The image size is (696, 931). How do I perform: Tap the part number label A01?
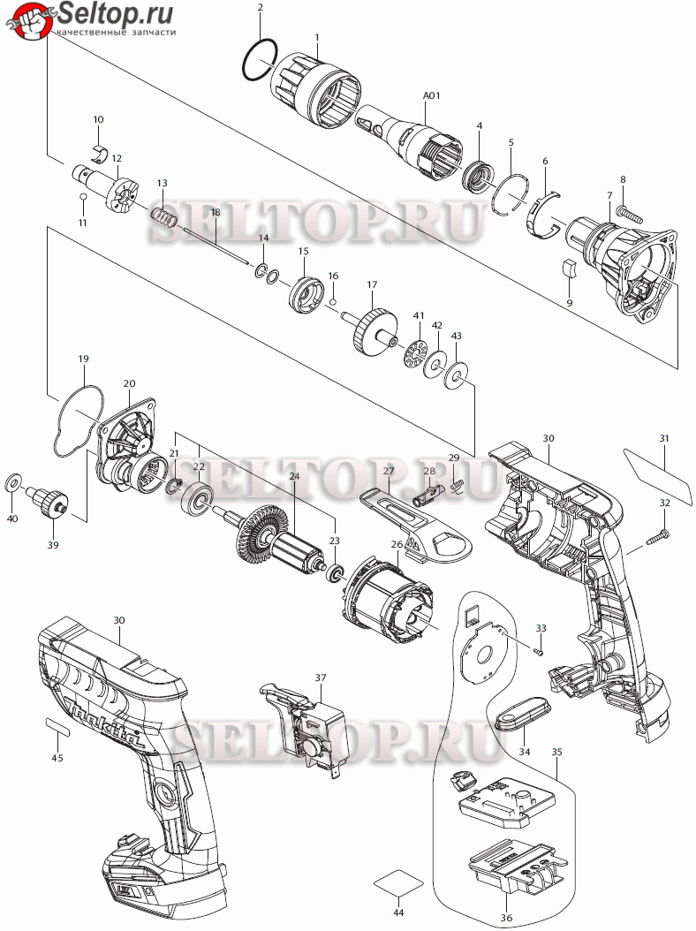tap(432, 95)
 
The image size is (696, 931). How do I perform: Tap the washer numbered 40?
tap(12, 482)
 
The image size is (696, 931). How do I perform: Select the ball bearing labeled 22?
tap(197, 497)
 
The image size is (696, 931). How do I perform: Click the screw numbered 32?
tap(657, 537)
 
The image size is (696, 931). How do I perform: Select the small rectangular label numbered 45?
tap(57, 725)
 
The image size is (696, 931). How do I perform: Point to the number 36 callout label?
tap(506, 918)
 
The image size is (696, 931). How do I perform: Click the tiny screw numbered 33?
tap(539, 651)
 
